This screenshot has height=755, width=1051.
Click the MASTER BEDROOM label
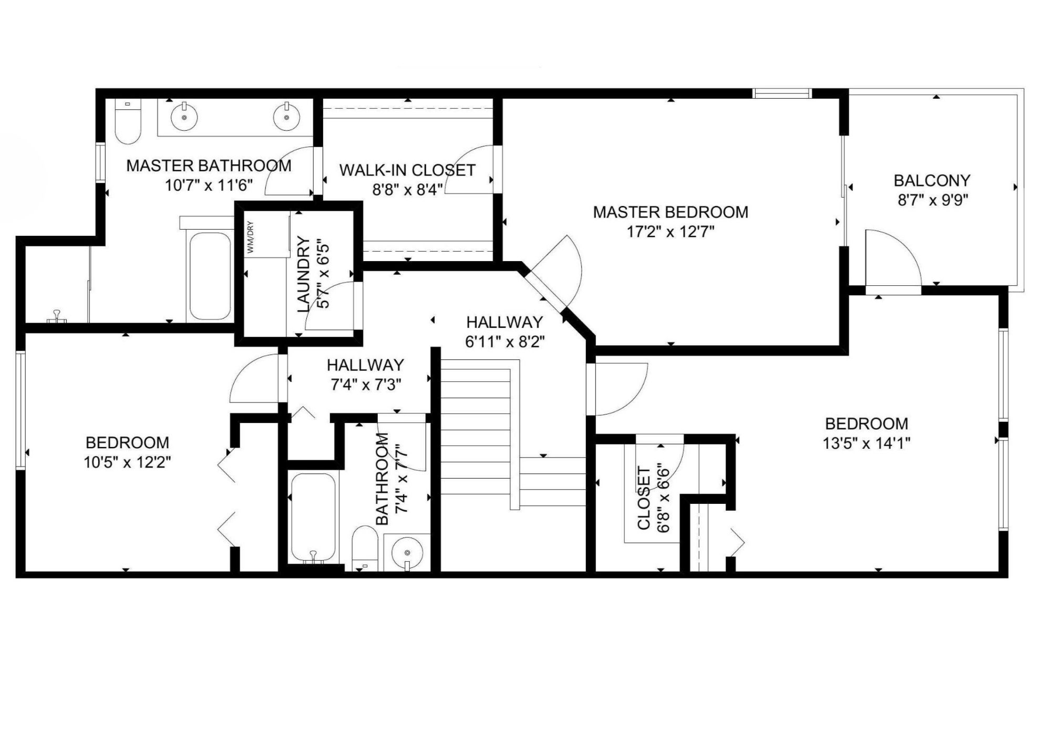[x=671, y=212]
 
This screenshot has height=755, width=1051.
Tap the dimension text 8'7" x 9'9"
[x=932, y=201]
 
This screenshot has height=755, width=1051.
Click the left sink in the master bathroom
[x=184, y=117]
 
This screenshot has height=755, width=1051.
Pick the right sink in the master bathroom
[x=286, y=117]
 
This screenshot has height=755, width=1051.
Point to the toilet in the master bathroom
[x=128, y=123]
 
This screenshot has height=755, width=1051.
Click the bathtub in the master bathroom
[x=210, y=276]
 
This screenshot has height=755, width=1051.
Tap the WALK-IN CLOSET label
[x=407, y=170]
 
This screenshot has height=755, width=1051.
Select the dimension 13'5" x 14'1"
[x=866, y=443]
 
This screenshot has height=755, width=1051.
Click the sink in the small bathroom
[x=407, y=552]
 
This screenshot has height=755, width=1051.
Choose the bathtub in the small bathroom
[x=313, y=517]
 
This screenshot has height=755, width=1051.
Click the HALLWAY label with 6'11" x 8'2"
[x=504, y=322]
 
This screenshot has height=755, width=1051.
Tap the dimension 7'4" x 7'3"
[x=366, y=385]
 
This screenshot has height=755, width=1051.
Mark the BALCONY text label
[x=932, y=181]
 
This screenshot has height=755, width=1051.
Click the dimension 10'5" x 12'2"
[x=127, y=462]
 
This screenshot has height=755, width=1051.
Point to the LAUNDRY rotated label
[x=304, y=274]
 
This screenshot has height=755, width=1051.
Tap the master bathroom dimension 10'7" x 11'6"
[x=209, y=185]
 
